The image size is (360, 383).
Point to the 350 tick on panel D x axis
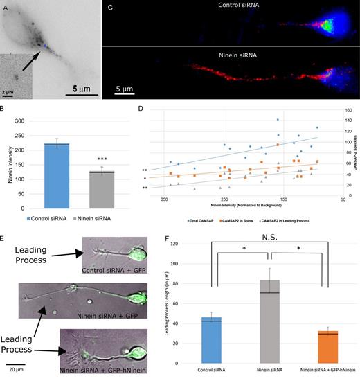pyautogui.click(x=164, y=201)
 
